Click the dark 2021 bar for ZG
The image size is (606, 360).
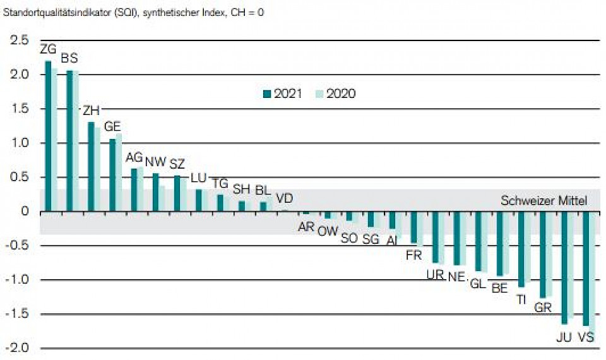(x=48, y=136)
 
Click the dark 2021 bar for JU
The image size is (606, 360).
(x=564, y=268)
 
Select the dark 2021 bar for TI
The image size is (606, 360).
(x=521, y=249)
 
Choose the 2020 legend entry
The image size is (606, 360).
(x=336, y=94)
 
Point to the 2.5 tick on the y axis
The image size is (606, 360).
(x=19, y=41)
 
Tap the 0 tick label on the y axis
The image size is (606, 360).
(x=26, y=212)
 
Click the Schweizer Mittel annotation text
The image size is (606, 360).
(x=544, y=201)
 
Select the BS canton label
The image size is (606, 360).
(x=69, y=58)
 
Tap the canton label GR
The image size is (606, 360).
(x=543, y=308)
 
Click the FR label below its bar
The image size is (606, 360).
(x=414, y=255)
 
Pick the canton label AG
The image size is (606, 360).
(x=134, y=157)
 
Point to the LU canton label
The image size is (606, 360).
(x=198, y=177)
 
